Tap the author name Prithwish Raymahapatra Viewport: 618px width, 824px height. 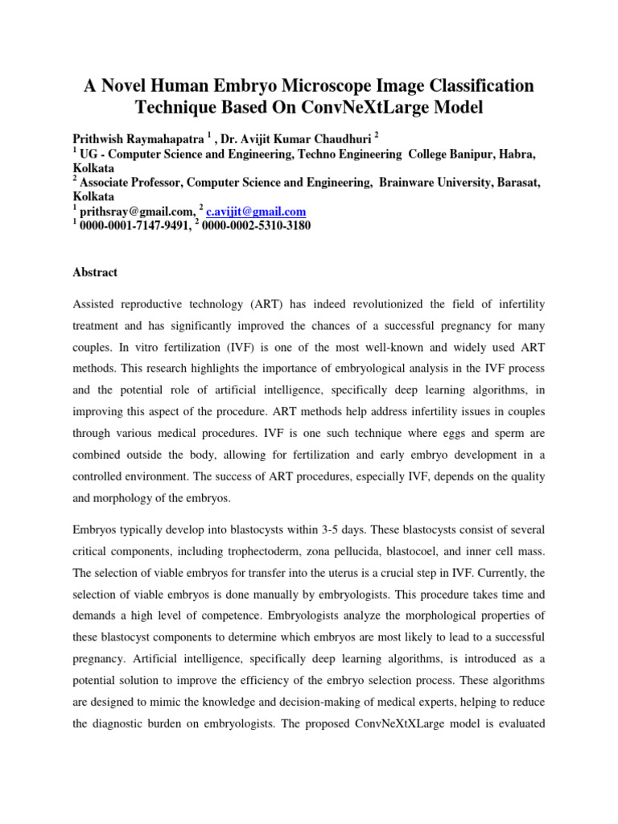pyautogui.click(x=146, y=138)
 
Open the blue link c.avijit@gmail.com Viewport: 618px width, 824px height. pyautogui.click(x=256, y=212)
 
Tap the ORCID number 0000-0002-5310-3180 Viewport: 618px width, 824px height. pyautogui.click(x=257, y=226)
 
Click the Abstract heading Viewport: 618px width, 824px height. pyautogui.click(x=95, y=272)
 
